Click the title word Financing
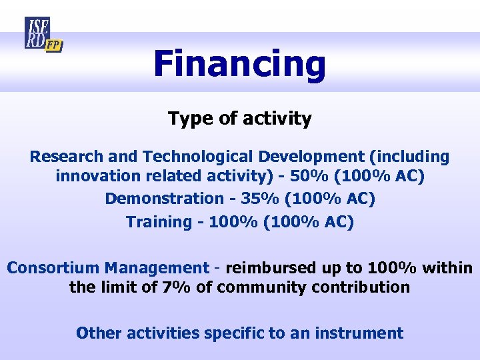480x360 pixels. (239, 65)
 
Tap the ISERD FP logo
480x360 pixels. (42, 35)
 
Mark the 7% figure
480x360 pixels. (186, 288)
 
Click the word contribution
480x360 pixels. (364, 288)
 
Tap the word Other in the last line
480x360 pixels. (97, 333)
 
